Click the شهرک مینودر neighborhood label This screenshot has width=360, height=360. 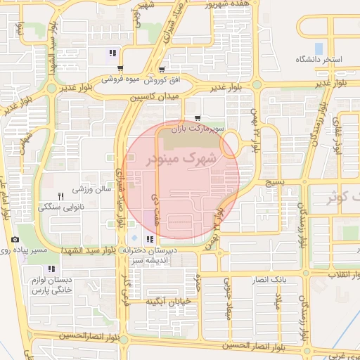click(181, 160)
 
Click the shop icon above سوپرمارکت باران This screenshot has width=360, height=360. click(196, 118)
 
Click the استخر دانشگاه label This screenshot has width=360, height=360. click(319, 60)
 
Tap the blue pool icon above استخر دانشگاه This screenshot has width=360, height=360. click(319, 48)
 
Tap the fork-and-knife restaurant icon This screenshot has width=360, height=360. click(60, 195)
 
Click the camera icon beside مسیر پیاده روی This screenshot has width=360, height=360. click(15, 240)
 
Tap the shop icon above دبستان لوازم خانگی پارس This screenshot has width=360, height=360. click(51, 269)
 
